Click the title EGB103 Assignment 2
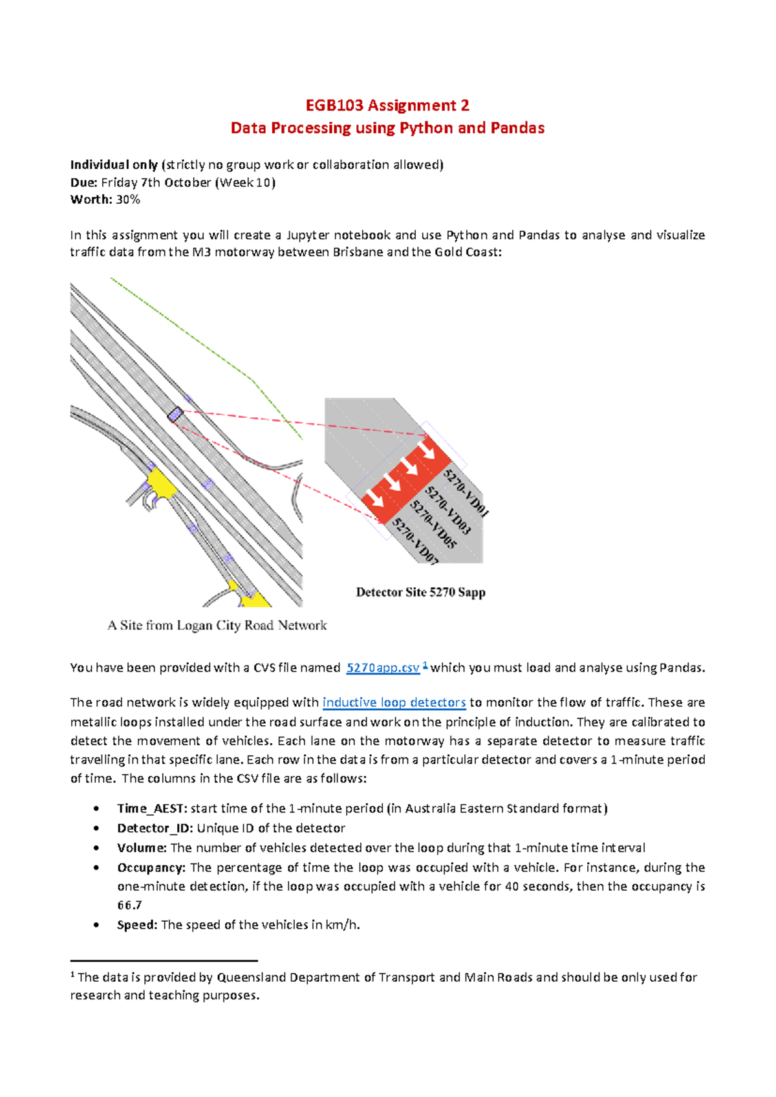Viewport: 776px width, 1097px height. point(387,105)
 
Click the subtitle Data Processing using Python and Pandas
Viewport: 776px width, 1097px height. point(387,128)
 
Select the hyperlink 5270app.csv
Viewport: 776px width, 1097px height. point(383,668)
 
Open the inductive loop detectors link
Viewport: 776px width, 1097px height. point(394,702)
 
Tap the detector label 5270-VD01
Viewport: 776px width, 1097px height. point(466,494)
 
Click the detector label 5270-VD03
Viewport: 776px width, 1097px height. point(448,511)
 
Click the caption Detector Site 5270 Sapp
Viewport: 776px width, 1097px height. point(420,592)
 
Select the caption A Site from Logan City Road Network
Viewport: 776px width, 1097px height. point(217,625)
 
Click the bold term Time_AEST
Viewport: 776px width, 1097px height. point(152,809)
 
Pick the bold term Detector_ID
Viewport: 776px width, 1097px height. point(155,828)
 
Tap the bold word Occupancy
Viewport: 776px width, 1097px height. point(151,867)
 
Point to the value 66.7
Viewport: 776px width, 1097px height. point(129,906)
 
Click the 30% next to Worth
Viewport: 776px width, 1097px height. point(128,200)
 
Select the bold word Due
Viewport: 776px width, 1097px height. point(83,182)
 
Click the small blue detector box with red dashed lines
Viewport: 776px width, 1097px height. point(175,415)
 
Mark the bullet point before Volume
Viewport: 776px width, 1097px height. point(96,848)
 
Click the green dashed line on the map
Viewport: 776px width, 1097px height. point(194,336)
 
